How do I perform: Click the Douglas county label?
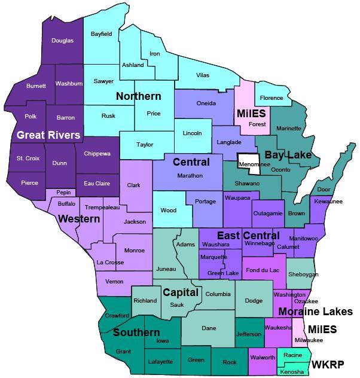pos(62,41)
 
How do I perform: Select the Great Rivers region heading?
pos(48,135)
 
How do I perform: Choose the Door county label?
pos(324,190)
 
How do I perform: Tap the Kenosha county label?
pos(292,371)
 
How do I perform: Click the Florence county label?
pos(271,97)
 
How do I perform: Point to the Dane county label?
pos(209,328)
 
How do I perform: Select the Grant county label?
pos(123,351)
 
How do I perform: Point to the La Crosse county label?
pos(110,263)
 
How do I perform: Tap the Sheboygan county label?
pos(303,274)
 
